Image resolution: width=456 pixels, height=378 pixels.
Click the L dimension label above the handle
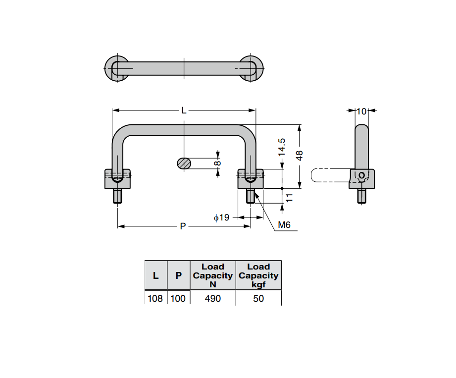(x=184, y=110)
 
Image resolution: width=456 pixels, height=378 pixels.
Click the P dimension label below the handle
(x=183, y=226)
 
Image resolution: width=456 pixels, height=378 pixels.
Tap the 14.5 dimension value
(x=281, y=148)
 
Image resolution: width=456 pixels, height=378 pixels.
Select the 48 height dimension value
(x=300, y=156)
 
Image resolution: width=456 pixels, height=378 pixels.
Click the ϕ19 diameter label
(x=221, y=217)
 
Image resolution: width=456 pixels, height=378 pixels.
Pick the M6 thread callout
(x=284, y=225)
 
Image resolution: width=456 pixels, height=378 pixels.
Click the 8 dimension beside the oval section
(x=217, y=163)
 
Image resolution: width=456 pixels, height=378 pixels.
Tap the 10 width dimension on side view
(x=361, y=111)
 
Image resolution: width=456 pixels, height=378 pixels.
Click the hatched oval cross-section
(x=184, y=163)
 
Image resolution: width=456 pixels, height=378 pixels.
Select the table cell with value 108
(x=155, y=298)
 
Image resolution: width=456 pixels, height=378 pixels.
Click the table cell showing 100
(x=178, y=298)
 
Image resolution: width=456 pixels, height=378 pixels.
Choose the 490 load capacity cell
(x=213, y=298)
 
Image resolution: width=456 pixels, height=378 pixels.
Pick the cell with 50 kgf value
(x=258, y=298)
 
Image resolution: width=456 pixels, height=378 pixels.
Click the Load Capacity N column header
(x=213, y=275)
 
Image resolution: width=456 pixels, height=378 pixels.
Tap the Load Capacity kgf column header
(x=258, y=275)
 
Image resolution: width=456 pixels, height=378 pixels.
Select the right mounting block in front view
(x=251, y=179)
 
